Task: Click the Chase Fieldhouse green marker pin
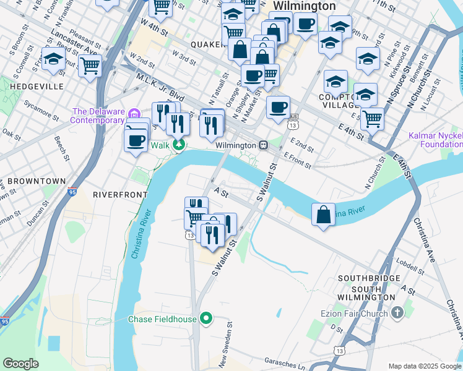pyautogui.click(x=207, y=319)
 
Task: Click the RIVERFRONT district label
pyautogui.click(x=120, y=194)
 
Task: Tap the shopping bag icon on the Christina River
pyautogui.click(x=323, y=215)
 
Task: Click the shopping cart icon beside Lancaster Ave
pyautogui.click(x=90, y=65)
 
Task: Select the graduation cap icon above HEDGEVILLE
pyautogui.click(x=53, y=59)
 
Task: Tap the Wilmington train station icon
pyautogui.click(x=263, y=145)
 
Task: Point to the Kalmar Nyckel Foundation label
pyautogui.click(x=435, y=140)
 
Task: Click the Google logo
pyautogui.click(x=20, y=364)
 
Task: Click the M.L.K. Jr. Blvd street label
pyautogui.click(x=160, y=87)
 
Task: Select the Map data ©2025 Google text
pyautogui.click(x=424, y=366)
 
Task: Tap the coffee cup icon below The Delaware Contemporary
pyautogui.click(x=136, y=140)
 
